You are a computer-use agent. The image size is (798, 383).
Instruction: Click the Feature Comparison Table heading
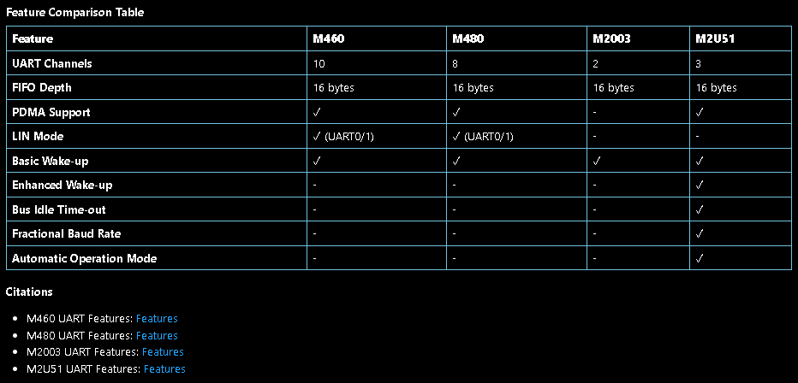coord(74,12)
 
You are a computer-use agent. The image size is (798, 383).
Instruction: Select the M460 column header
coord(330,38)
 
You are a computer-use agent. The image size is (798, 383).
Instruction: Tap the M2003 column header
coord(611,38)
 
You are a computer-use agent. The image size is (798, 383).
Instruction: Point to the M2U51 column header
coord(716,38)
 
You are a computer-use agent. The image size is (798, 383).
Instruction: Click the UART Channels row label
coord(52,63)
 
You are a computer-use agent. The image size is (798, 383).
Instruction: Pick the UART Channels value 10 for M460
coord(319,63)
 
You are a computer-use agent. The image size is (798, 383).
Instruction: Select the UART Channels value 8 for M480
coord(456,63)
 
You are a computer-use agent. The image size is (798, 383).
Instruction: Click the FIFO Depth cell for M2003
coord(613,87)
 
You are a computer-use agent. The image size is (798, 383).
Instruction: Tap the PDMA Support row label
coord(51,112)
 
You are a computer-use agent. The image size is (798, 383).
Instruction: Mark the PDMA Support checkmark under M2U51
coord(700,112)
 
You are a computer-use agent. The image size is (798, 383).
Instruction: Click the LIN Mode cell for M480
coord(483,136)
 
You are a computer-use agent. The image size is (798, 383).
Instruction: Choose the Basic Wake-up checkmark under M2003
coord(597,161)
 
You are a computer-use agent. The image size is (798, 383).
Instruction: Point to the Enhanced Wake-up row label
coord(62,185)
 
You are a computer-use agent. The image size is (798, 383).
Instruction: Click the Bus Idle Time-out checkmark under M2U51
coord(700,209)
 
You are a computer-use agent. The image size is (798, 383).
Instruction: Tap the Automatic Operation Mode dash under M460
coord(316,258)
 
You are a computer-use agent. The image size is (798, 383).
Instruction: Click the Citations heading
coord(29,292)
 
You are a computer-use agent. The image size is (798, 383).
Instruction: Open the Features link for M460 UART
coord(157,319)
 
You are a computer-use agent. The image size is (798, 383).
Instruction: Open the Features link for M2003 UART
coord(163,351)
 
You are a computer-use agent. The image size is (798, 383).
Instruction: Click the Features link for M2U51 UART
coord(164,368)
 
